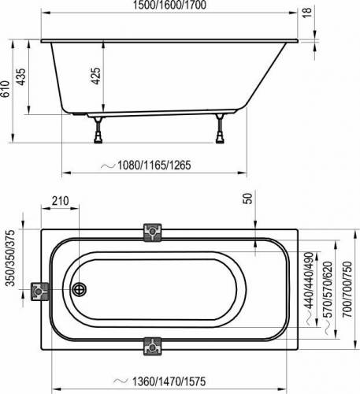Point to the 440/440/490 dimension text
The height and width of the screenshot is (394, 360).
click(x=308, y=278)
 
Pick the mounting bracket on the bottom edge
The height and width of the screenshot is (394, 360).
click(x=152, y=347)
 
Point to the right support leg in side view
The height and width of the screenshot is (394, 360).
click(x=220, y=130)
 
